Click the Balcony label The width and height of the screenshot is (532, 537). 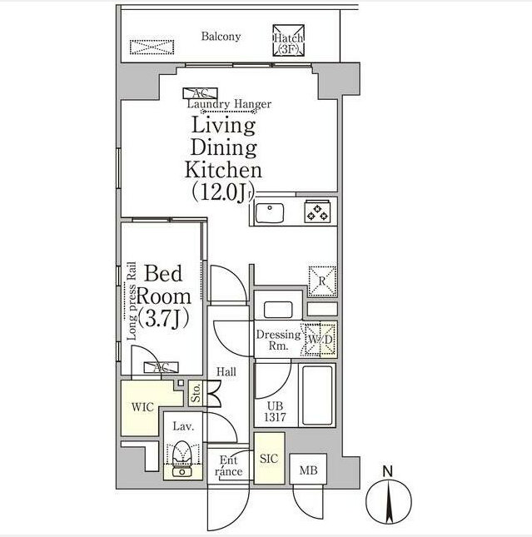(x=221, y=36)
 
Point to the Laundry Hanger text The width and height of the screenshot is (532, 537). (x=228, y=104)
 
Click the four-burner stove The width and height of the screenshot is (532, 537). (x=317, y=213)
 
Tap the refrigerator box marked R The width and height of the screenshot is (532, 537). (x=321, y=281)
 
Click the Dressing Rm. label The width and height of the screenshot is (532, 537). (x=277, y=341)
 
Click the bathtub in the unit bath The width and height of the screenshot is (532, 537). (x=316, y=395)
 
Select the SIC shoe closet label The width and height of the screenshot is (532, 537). (x=269, y=459)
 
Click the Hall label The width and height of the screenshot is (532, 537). (x=226, y=373)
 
